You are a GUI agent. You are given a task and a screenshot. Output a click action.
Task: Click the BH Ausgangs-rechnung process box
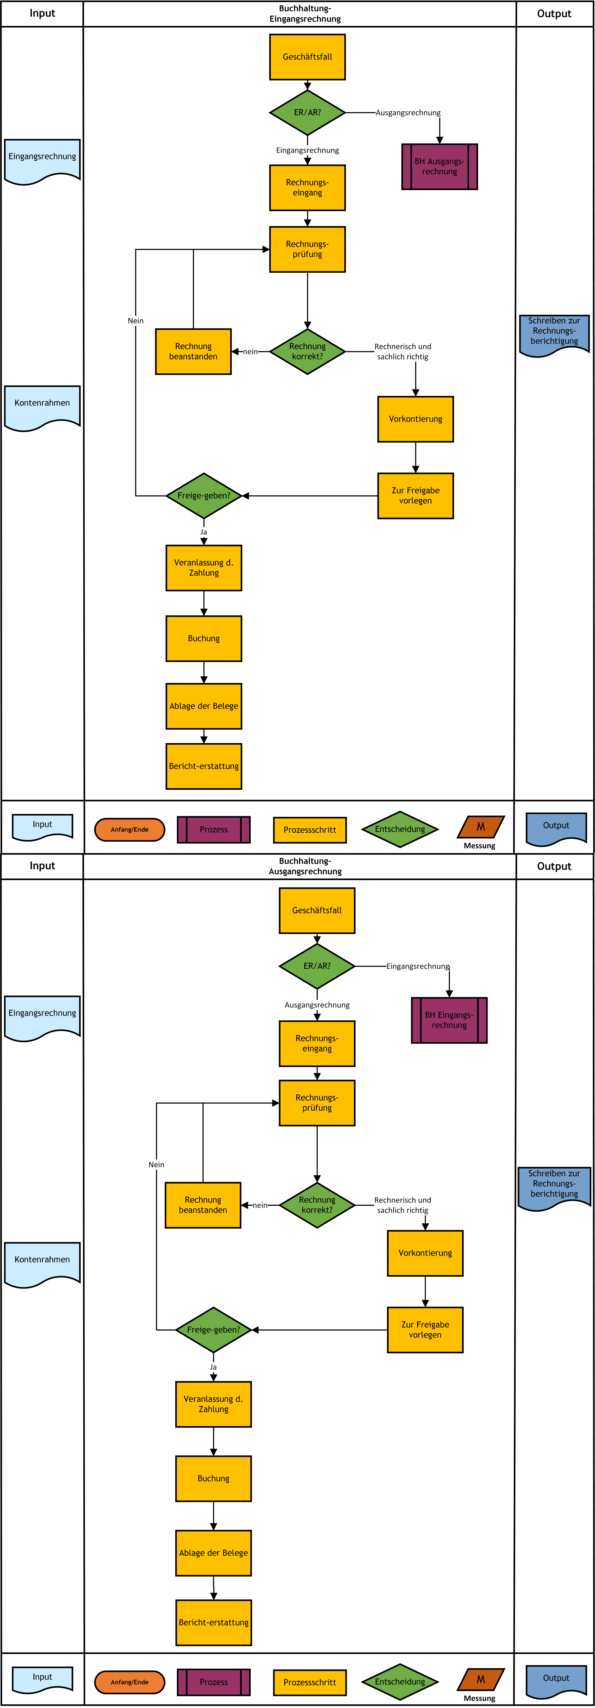pos(439,167)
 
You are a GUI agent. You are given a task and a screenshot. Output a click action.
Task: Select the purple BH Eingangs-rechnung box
pos(449,1020)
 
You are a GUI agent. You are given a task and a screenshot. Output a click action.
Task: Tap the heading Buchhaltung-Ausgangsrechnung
pos(305,866)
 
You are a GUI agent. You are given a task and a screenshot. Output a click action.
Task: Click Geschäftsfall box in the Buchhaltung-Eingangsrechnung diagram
pos(307,57)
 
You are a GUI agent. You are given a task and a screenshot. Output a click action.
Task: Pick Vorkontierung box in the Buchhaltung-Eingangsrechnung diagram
pos(416,419)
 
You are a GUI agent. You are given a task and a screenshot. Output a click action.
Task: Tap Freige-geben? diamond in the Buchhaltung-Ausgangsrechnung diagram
pos(213,1329)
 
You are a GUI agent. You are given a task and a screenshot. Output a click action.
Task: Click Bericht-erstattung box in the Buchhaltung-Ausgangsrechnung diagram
pos(213,1622)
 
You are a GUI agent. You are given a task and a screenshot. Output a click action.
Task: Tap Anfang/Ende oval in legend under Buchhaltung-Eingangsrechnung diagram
pos(130,830)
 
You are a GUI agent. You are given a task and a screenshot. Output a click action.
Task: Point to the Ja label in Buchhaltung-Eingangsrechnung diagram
pos(203,532)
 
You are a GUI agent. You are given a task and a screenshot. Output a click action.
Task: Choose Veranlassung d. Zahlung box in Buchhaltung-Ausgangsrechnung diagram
pos(213,1404)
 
